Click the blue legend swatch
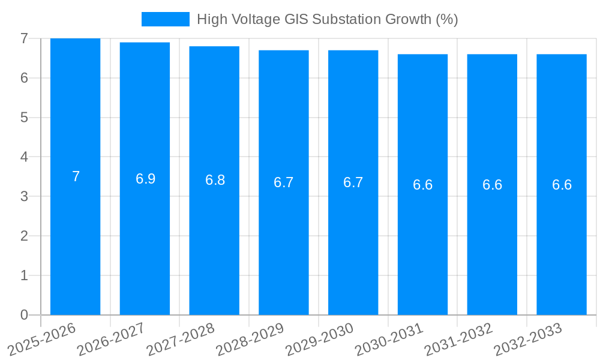click(165, 19)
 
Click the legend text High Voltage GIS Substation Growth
click(327, 19)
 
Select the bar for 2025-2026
click(75, 176)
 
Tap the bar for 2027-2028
click(214, 180)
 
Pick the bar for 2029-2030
click(353, 182)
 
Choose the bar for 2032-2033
click(562, 184)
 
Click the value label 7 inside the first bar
click(76, 176)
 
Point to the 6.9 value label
click(145, 179)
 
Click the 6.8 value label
click(215, 180)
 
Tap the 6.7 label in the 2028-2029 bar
click(284, 182)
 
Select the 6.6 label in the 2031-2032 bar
click(492, 185)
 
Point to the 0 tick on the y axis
click(24, 315)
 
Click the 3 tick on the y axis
click(24, 196)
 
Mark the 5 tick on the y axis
click(24, 118)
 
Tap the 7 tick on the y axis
click(24, 38)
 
